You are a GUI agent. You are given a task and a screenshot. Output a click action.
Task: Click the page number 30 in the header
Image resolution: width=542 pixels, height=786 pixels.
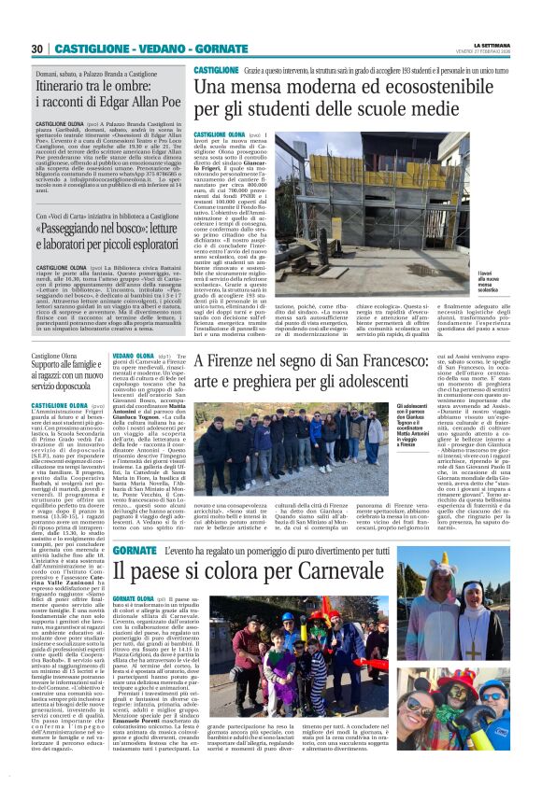(38, 49)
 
